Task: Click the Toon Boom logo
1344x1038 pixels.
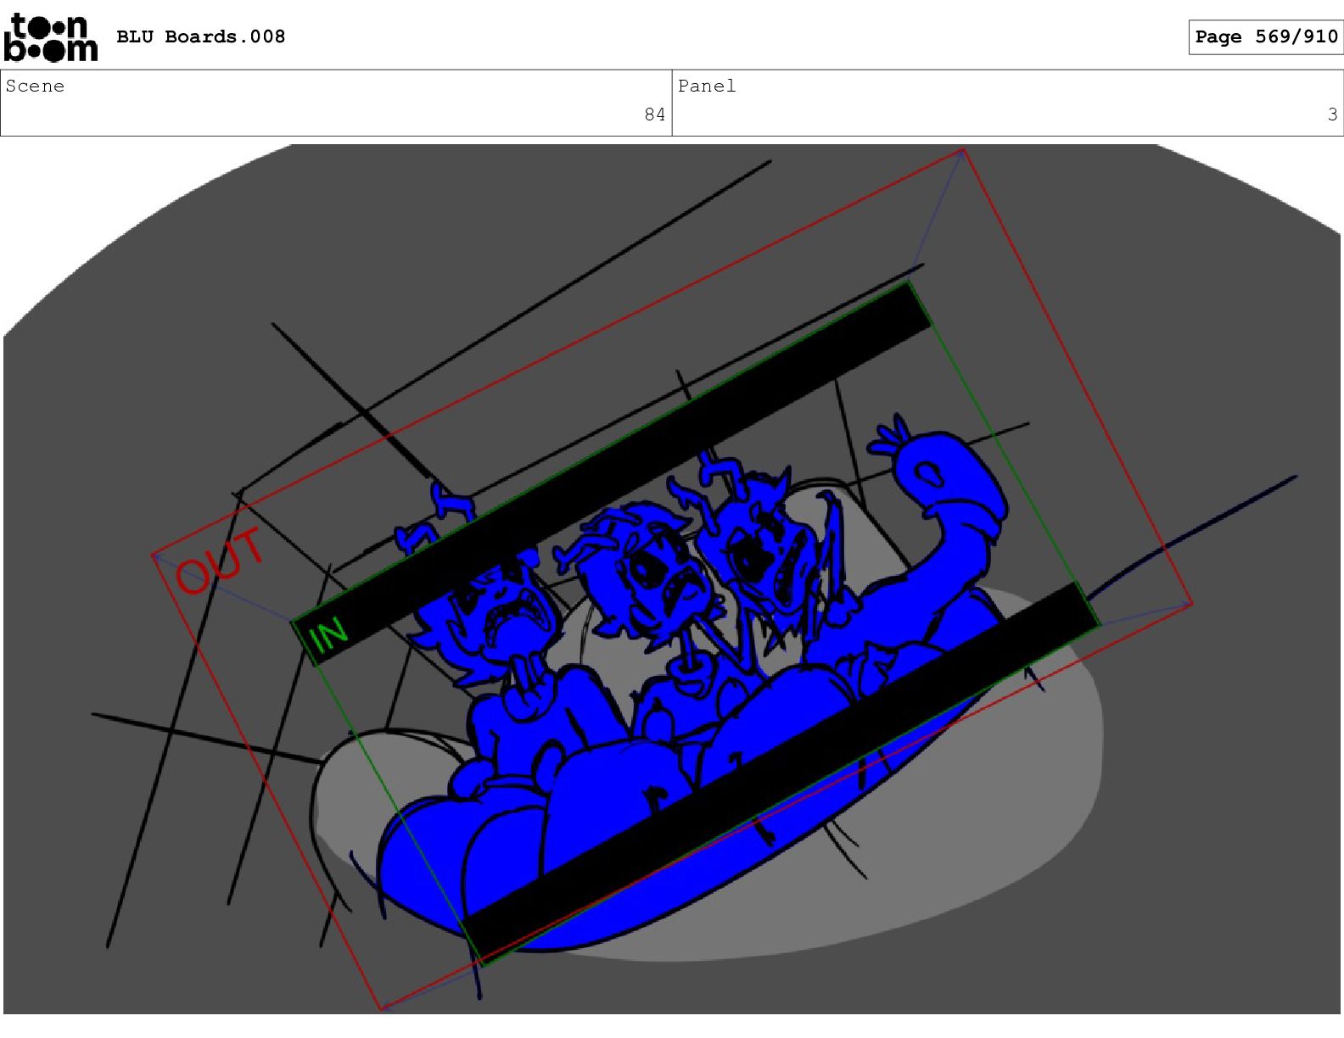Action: pos(50,37)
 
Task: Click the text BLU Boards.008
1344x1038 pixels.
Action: pos(200,37)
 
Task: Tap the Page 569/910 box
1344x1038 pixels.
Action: pos(1265,37)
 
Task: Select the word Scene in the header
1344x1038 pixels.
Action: pos(35,86)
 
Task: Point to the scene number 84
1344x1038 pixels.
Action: pos(654,114)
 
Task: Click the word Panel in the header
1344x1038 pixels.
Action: pos(707,86)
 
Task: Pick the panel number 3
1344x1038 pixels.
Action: pos(1332,114)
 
